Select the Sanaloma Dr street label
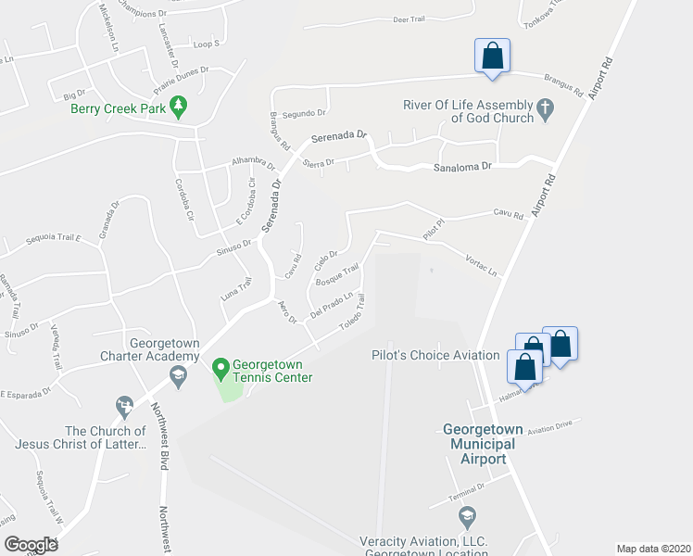[x=467, y=168]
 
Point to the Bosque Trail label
[x=337, y=275]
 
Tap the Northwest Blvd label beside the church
[x=163, y=444]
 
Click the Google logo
[x=31, y=544]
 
